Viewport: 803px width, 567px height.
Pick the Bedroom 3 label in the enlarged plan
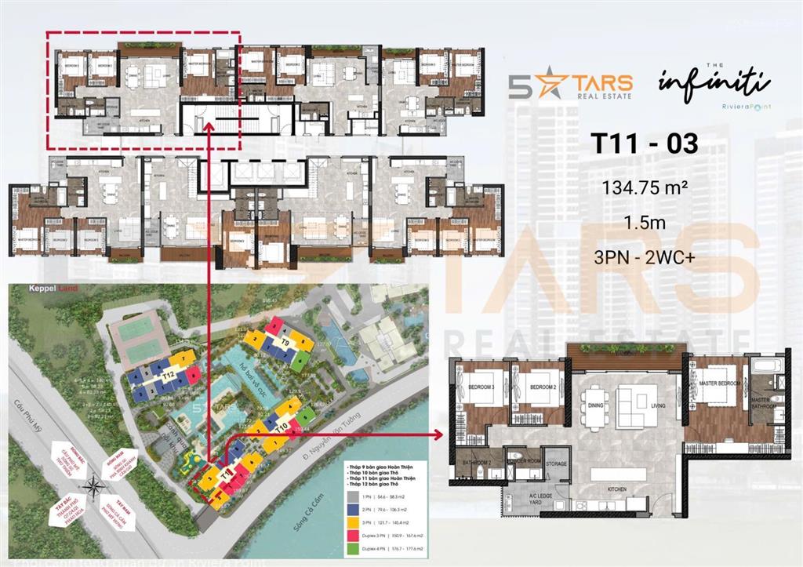click(x=480, y=388)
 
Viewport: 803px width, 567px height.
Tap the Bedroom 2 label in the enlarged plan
click(x=542, y=388)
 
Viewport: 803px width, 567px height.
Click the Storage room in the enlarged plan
click(x=556, y=465)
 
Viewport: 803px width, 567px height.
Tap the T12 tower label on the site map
click(x=167, y=376)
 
